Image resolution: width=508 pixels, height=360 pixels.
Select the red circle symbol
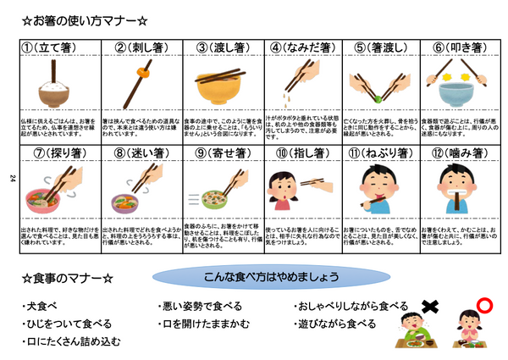[x=483, y=304]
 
